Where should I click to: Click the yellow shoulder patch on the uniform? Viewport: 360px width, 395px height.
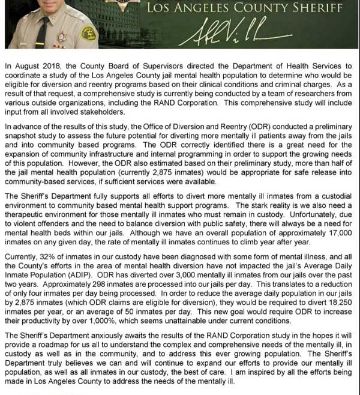pos(89,33)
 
